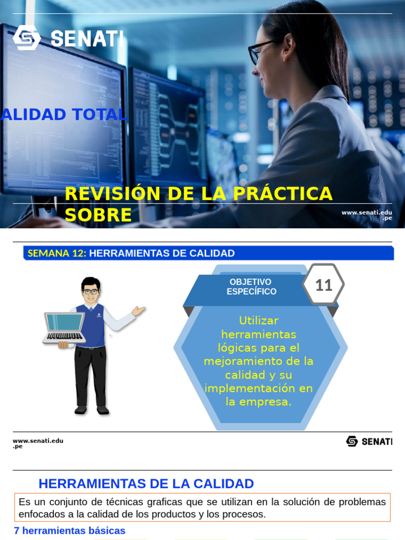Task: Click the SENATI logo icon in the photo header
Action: [x=26, y=37]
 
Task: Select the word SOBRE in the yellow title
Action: [x=98, y=215]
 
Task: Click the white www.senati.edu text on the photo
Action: [x=367, y=213]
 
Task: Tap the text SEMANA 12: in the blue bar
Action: [x=56, y=253]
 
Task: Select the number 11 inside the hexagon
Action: [x=323, y=285]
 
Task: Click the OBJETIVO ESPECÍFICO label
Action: [x=250, y=287]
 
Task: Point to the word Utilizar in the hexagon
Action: [x=258, y=321]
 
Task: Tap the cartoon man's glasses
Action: [x=91, y=291]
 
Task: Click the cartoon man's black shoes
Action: [x=91, y=409]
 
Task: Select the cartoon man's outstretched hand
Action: [x=139, y=311]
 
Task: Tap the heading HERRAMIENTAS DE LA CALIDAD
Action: [x=146, y=484]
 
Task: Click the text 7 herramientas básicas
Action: [x=70, y=531]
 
